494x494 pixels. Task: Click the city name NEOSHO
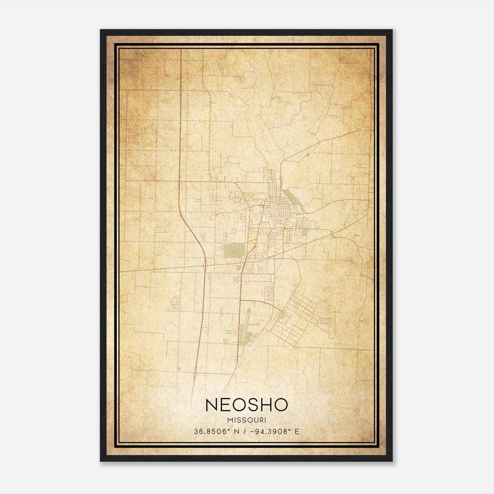pos(246,405)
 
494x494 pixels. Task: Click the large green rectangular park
pos(234,251)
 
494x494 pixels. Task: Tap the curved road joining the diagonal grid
pos(262,302)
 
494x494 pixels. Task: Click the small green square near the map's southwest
pos(179,368)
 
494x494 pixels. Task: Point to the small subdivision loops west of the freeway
pos(176,303)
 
